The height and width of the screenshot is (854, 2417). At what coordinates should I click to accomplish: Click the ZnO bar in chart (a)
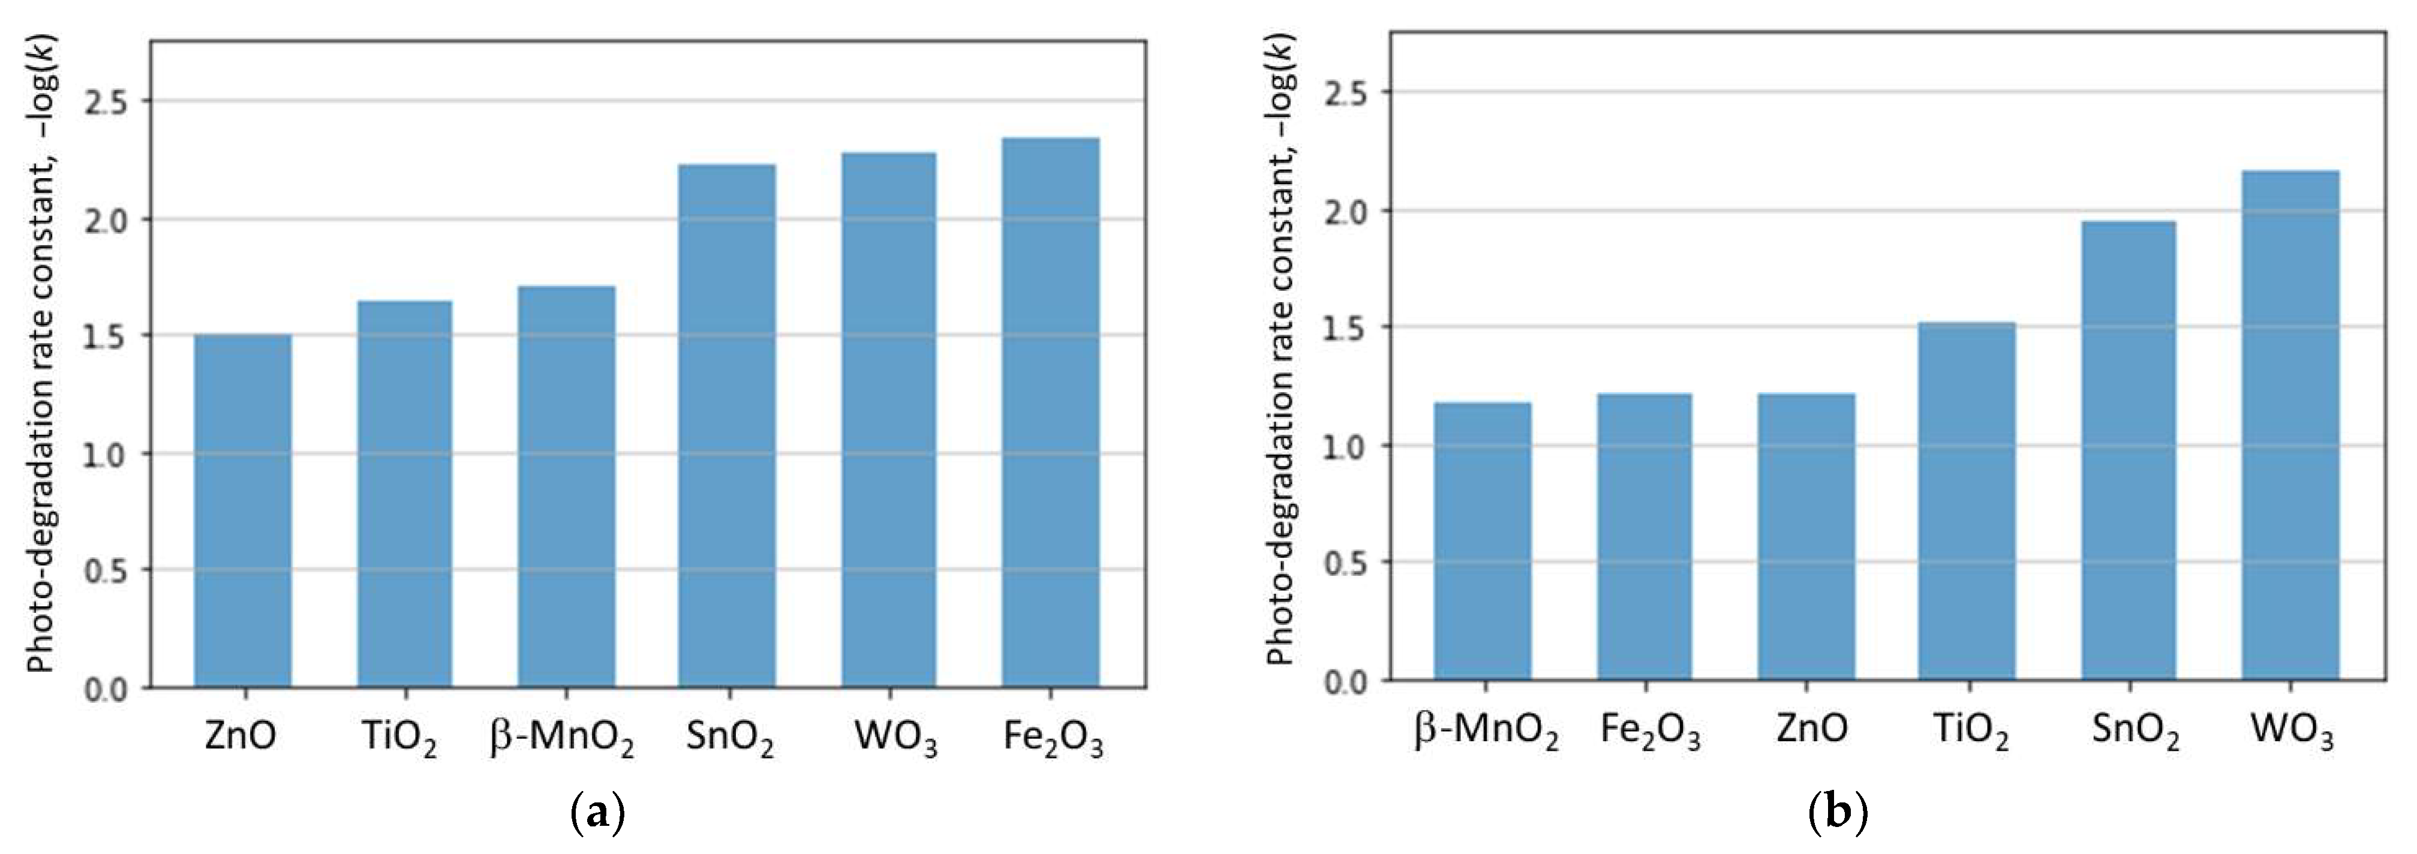tap(242, 512)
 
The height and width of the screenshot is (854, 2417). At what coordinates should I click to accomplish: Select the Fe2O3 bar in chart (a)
tap(1050, 413)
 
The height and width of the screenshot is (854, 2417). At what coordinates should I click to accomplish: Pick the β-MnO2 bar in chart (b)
tap(1483, 542)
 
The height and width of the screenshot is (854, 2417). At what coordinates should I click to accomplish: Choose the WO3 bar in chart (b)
tap(2290, 425)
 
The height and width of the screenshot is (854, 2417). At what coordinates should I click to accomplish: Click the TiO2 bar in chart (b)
tap(1967, 501)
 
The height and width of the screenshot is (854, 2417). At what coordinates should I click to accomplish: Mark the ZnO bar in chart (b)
tap(1806, 537)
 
